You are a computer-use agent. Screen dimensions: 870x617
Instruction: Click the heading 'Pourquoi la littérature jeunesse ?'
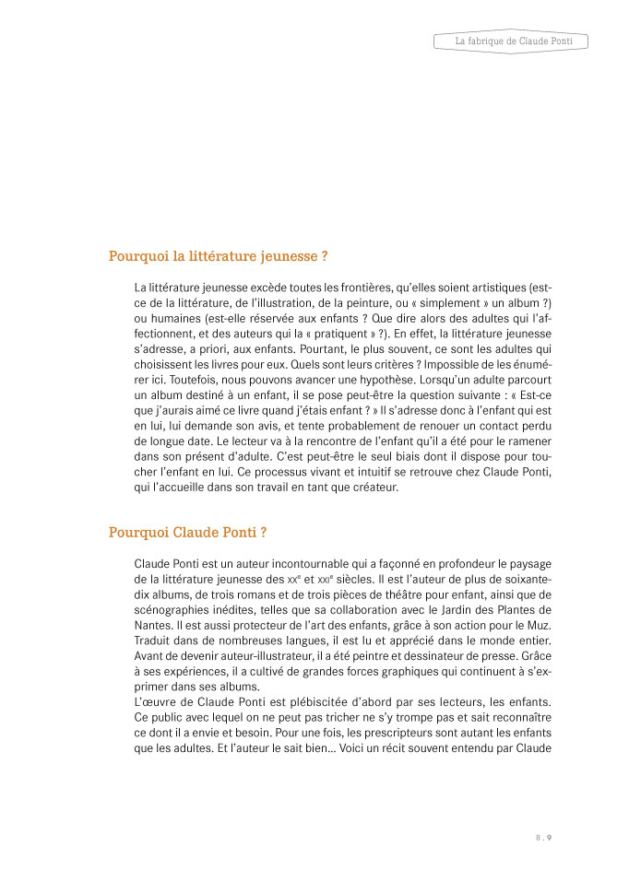pos(219,256)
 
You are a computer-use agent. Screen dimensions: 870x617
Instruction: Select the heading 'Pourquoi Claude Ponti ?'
pos(188,532)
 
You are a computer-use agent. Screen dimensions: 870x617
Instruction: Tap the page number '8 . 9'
pos(542,837)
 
